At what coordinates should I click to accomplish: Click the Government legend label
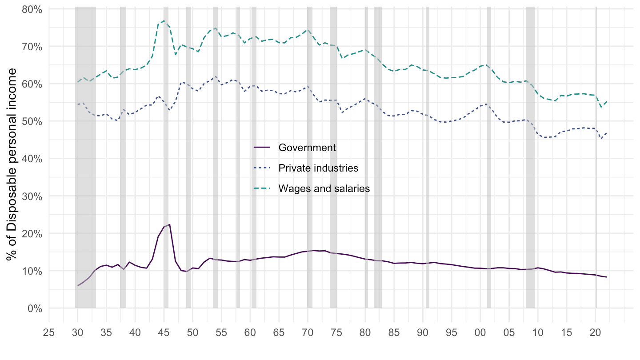pos(307,148)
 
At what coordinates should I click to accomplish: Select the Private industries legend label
pos(318,168)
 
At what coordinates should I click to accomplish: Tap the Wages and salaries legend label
pos(324,188)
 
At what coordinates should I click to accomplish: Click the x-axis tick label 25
pos(49,332)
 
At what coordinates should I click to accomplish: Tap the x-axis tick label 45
pos(164,332)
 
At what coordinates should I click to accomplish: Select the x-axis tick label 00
pos(480,332)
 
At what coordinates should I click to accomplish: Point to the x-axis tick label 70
pos(308,332)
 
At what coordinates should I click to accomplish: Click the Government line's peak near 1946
pos(169,224)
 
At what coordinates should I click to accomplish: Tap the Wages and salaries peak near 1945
pos(164,21)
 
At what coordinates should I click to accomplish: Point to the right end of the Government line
pos(607,277)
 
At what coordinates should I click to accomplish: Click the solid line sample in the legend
pos(262,148)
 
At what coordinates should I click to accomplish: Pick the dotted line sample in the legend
pos(262,168)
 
